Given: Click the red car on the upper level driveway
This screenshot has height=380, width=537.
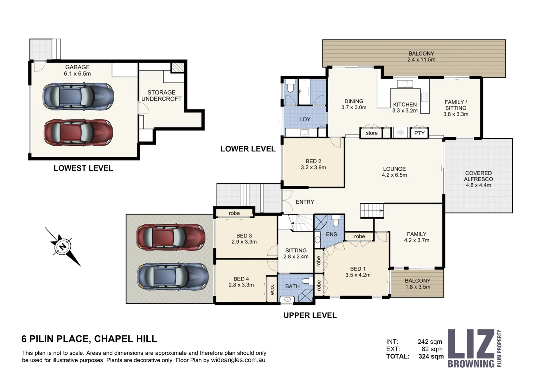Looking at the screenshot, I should (171, 237).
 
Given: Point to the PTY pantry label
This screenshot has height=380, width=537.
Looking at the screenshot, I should (419, 133).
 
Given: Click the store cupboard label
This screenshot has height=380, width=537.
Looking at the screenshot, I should (371, 133).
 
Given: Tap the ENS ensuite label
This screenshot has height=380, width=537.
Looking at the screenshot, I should (331, 234).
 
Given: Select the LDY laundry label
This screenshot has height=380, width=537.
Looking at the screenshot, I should (305, 119).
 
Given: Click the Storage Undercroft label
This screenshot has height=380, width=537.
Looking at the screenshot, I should (161, 96).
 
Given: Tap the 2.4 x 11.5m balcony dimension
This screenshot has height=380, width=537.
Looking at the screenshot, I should (421, 60).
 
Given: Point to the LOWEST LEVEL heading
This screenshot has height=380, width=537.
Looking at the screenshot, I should (83, 168).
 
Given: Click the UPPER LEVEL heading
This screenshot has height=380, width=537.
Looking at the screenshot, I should (310, 315).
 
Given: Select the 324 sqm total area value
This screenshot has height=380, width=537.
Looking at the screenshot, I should (431, 356).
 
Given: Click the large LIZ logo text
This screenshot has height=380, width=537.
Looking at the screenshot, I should (471, 344).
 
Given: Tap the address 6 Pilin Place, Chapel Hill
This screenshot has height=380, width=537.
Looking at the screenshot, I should (89, 339).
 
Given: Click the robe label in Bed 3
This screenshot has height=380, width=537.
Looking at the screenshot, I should (234, 213).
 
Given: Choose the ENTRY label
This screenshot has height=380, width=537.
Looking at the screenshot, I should (305, 202).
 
